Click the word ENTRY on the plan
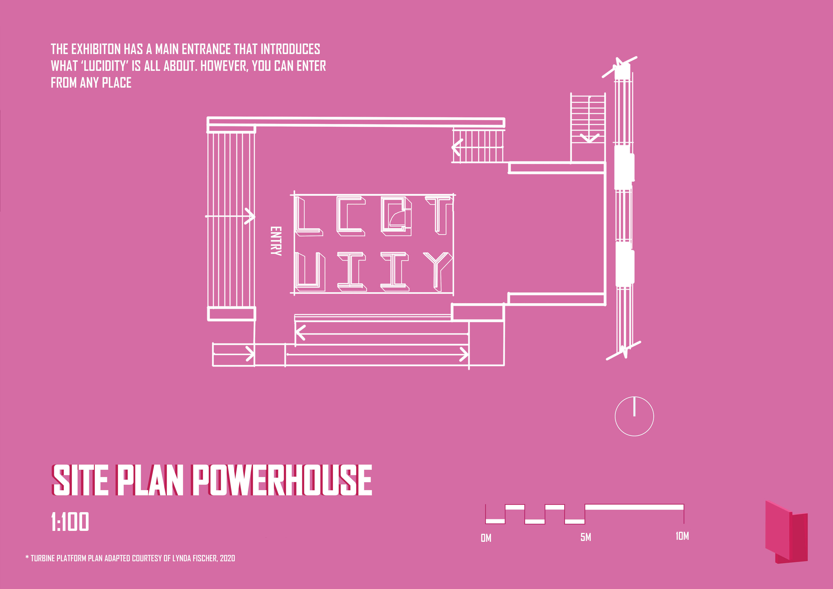coord(276,241)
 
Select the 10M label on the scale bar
coord(682,536)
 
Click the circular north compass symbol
coord(634,416)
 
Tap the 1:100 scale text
coord(70,522)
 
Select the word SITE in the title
coord(80,481)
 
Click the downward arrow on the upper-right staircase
coord(589,137)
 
